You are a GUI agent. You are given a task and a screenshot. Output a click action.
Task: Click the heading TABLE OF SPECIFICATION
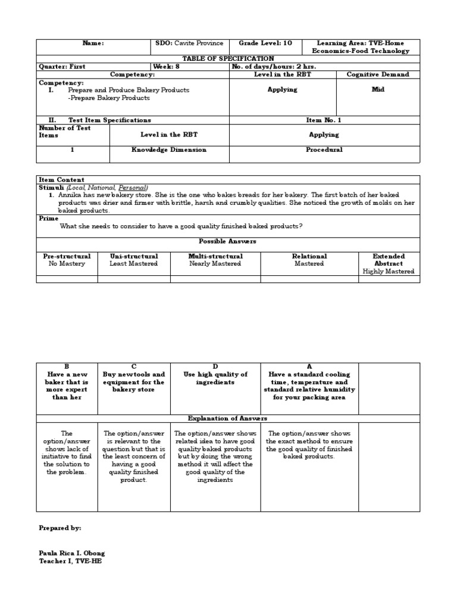click(x=228, y=58)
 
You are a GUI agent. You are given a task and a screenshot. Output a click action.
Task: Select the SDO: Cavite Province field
click(x=189, y=43)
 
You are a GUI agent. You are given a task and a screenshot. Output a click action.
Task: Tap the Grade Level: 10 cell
click(x=265, y=43)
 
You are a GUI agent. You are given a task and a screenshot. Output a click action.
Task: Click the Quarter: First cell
click(x=62, y=67)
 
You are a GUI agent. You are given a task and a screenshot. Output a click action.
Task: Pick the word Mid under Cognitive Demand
click(x=378, y=89)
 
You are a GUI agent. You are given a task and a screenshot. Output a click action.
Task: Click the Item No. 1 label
click(x=324, y=120)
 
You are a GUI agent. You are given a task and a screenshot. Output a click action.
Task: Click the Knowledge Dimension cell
click(x=169, y=150)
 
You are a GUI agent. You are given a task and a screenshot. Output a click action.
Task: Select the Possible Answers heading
click(x=228, y=241)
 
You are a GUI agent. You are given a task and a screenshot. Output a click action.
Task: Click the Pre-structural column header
click(x=67, y=256)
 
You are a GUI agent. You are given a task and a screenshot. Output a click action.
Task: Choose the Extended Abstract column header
click(x=388, y=260)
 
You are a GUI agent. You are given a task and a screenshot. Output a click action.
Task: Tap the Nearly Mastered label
click(x=215, y=263)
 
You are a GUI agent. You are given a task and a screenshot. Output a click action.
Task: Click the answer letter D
click(x=215, y=367)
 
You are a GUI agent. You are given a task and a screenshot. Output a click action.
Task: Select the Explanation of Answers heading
click(x=228, y=419)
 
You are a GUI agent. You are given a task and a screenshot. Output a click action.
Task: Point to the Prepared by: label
click(x=60, y=528)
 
